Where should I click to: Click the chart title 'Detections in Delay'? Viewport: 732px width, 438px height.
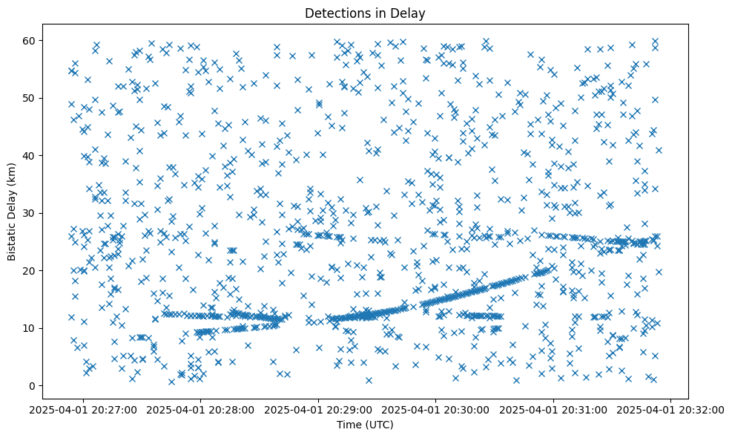click(x=366, y=13)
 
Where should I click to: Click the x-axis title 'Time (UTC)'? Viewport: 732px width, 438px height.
click(x=366, y=425)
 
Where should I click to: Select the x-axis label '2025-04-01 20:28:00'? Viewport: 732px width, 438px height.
click(x=200, y=409)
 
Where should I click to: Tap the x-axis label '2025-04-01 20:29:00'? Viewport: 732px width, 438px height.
click(x=318, y=409)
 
